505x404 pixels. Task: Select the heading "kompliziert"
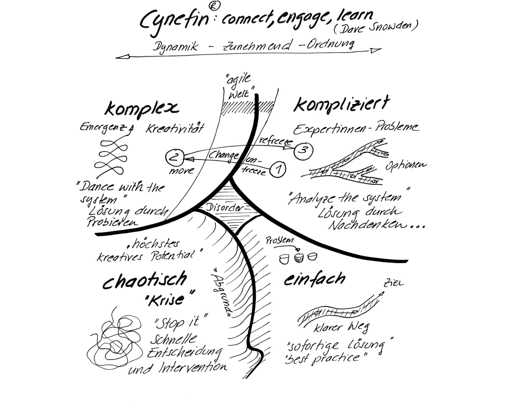point(341,105)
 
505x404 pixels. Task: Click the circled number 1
point(279,169)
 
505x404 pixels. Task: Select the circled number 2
point(174,157)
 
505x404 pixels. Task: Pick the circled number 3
point(302,149)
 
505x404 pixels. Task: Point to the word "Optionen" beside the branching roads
point(407,166)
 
